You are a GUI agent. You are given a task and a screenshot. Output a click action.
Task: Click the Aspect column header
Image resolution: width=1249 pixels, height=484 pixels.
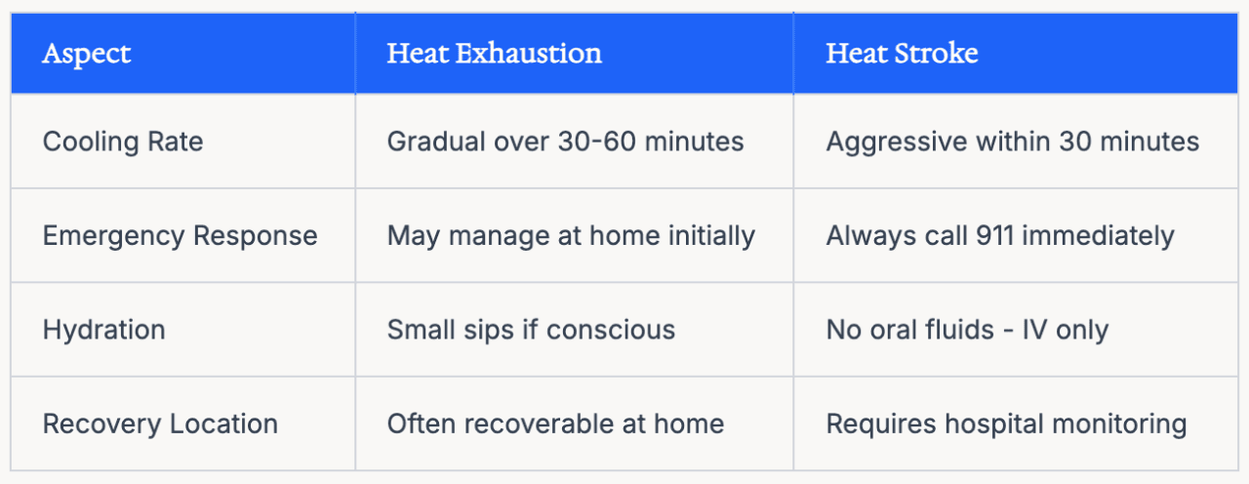tap(87, 54)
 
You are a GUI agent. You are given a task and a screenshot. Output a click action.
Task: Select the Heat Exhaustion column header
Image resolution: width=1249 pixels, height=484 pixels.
tap(494, 54)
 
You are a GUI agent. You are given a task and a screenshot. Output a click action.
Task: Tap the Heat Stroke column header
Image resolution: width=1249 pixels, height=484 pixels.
tap(902, 54)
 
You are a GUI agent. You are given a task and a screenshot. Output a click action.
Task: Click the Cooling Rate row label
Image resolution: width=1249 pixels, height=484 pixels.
tap(123, 141)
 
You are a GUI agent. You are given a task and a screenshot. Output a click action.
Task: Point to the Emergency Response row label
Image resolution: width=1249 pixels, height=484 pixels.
tap(181, 236)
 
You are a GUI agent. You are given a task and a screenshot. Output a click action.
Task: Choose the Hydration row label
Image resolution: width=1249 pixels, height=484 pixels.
tap(103, 330)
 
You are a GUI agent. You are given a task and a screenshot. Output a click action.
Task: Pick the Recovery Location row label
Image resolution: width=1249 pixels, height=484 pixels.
tap(160, 423)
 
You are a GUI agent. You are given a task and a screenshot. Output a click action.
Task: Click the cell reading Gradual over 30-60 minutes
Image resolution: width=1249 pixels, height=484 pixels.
tap(565, 141)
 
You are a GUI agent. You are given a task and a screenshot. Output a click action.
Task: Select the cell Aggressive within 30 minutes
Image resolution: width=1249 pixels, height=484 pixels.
tap(1013, 142)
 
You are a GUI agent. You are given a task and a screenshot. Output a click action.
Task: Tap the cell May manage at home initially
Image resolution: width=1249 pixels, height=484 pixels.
tap(571, 236)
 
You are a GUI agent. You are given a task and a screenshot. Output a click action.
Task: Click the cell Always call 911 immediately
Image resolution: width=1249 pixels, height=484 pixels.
tap(1000, 236)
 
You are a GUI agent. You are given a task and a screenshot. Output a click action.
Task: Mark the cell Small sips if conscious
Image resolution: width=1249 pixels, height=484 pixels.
tap(531, 330)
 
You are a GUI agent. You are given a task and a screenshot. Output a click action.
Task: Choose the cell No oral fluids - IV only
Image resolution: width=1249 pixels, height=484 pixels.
tap(967, 330)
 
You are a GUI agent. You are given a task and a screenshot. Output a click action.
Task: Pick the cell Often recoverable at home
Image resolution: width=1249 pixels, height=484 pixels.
tap(555, 423)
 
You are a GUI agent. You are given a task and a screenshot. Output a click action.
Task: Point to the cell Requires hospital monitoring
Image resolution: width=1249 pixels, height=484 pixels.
tap(1006, 424)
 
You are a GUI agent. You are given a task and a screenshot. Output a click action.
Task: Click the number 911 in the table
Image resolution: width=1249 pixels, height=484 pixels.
tap(995, 235)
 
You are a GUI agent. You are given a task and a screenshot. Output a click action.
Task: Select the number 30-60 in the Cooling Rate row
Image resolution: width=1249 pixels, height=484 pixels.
tap(596, 141)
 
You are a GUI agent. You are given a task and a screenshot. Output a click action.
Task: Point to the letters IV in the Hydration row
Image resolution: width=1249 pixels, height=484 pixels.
tap(1034, 330)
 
